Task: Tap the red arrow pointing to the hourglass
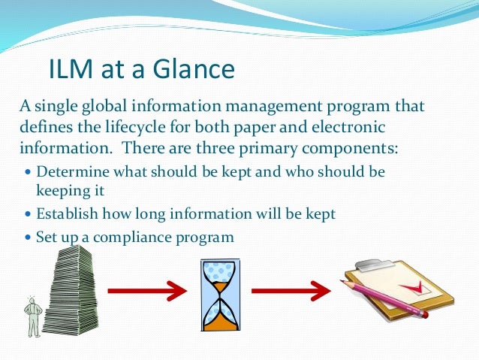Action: [x=146, y=289]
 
